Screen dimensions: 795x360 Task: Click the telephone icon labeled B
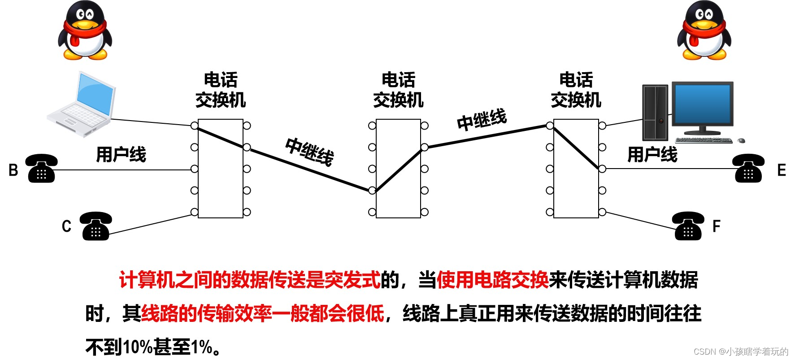(41, 169)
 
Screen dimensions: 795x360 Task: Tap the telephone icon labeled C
(96, 226)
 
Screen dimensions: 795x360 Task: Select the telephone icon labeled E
(748, 169)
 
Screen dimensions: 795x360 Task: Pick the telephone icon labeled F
(688, 226)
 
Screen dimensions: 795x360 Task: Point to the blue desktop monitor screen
(702, 105)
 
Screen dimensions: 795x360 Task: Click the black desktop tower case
(655, 113)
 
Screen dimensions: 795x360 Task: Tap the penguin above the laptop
(84, 30)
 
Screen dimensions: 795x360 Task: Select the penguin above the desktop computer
(704, 30)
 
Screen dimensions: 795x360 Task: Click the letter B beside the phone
(13, 170)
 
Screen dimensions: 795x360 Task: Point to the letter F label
(716, 226)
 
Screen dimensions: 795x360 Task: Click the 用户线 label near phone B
(121, 155)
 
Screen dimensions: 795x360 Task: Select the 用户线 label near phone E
(652, 155)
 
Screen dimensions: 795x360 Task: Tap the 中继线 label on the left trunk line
(310, 152)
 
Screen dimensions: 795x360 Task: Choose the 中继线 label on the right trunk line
(482, 119)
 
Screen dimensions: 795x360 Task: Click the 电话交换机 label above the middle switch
(398, 90)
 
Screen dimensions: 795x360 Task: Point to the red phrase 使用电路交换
(492, 280)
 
